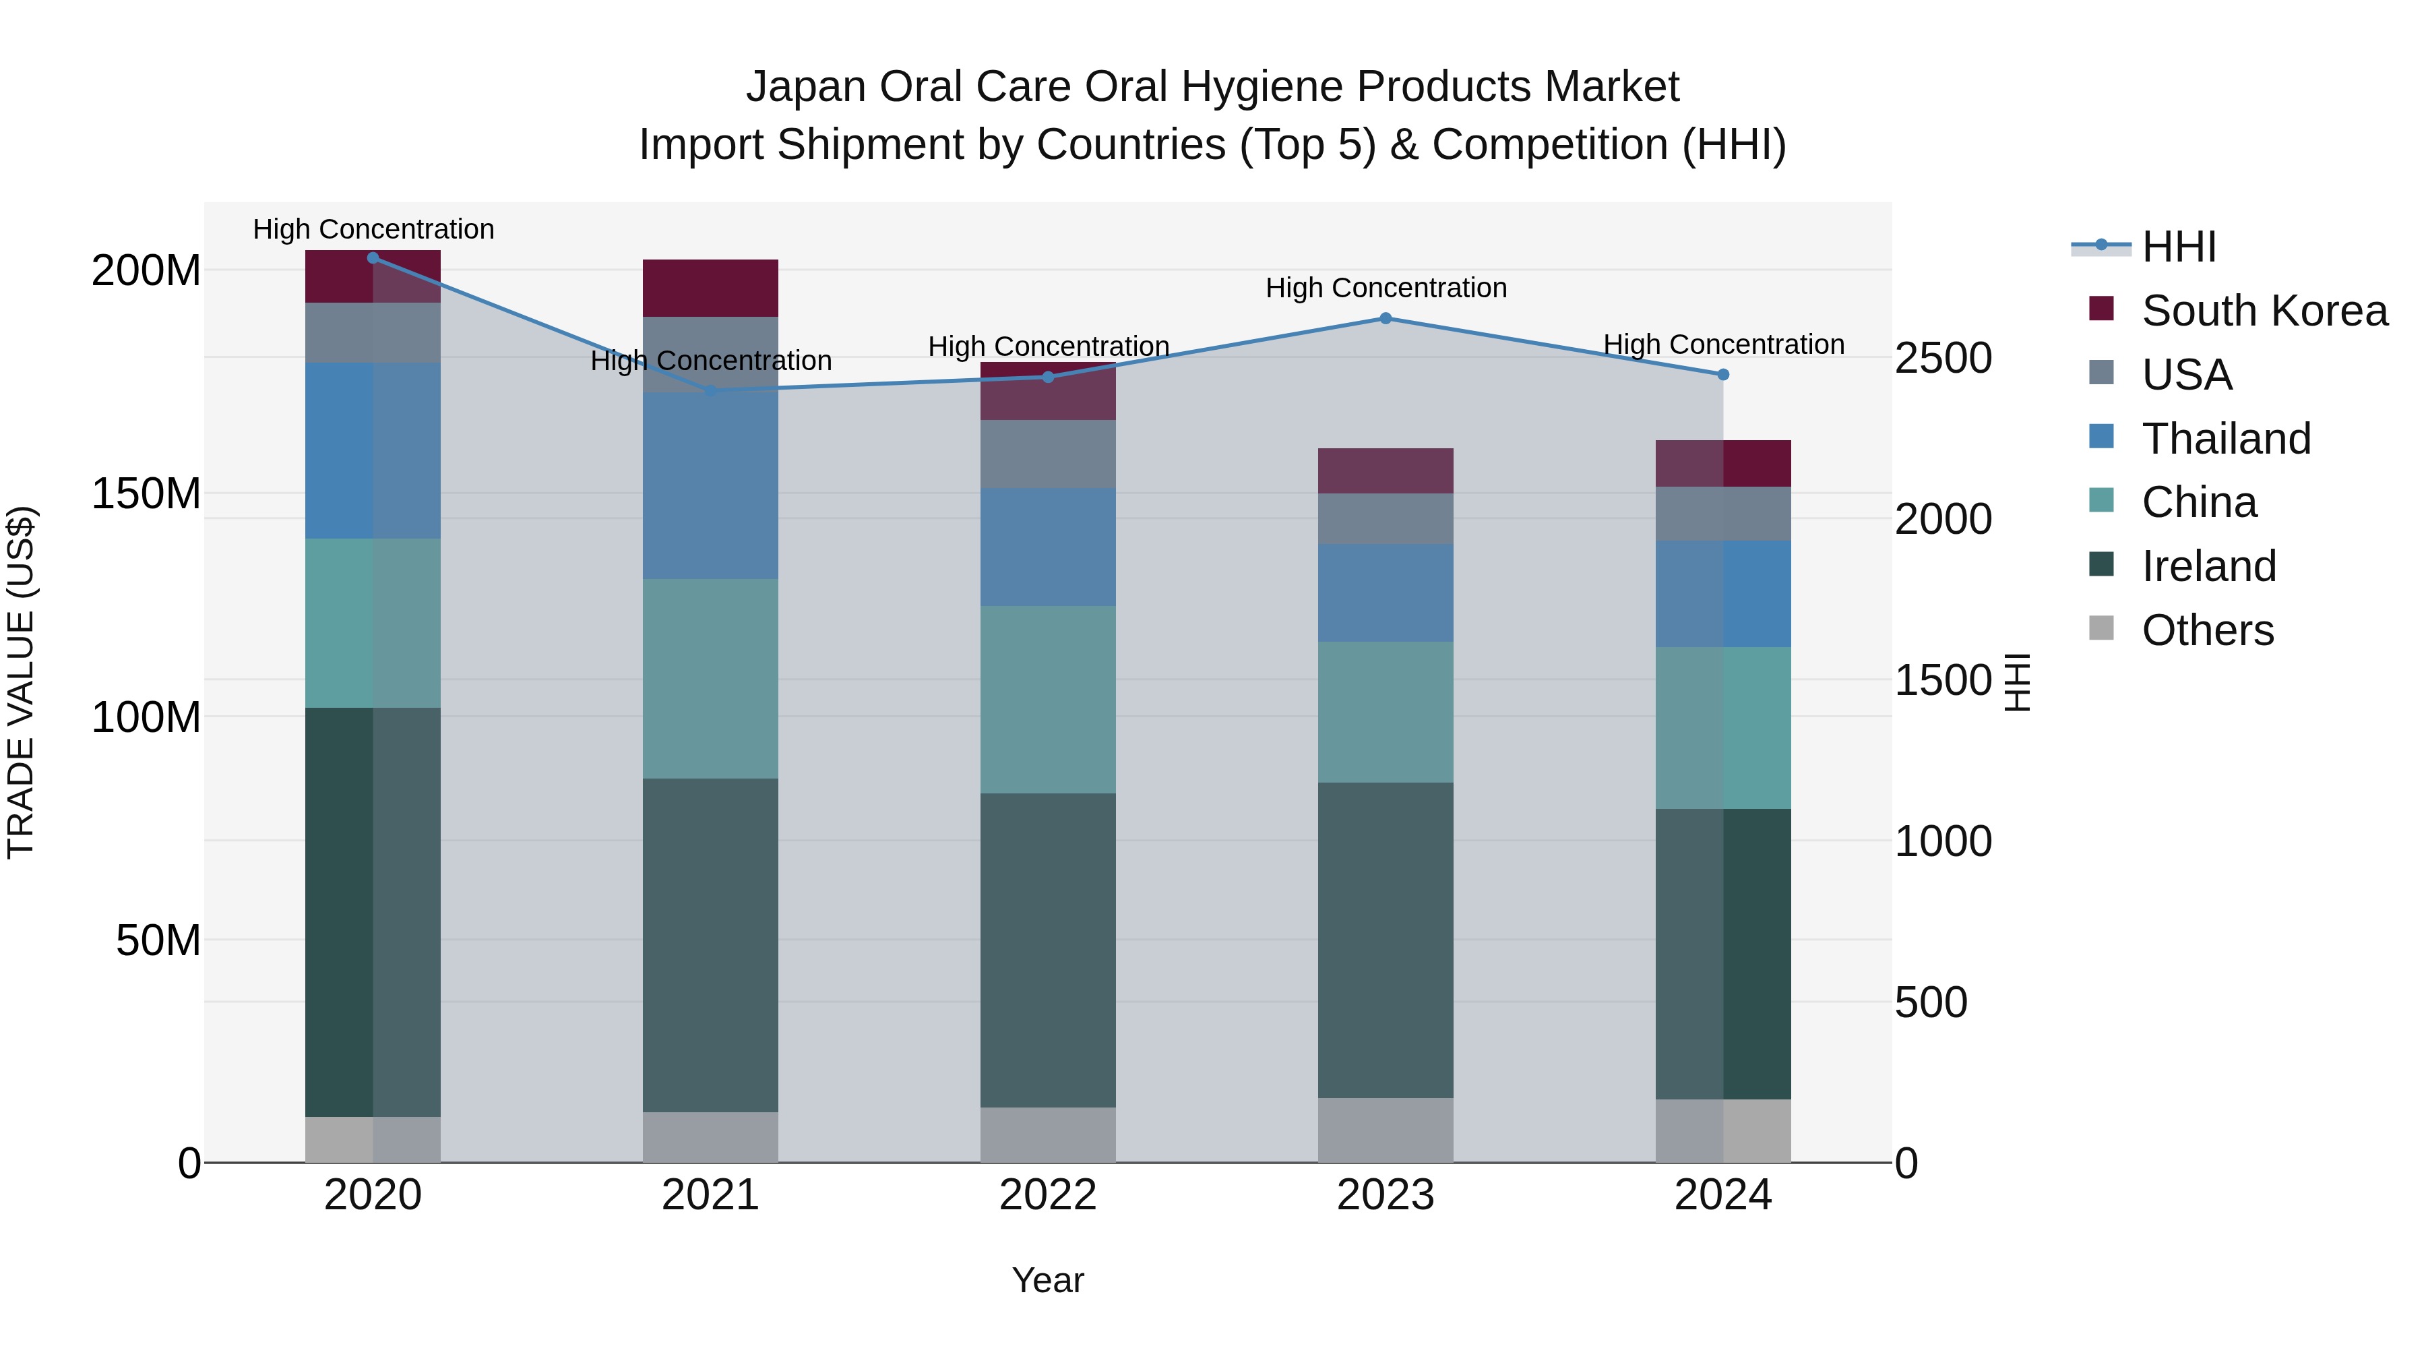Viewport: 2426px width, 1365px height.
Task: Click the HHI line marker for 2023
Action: pos(1386,318)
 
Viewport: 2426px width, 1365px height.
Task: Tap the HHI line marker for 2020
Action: pos(373,257)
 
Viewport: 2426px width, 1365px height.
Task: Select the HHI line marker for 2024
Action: pos(1722,375)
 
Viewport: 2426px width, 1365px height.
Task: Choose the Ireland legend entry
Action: pos(2208,566)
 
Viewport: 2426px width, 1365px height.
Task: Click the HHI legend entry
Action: pos(2178,247)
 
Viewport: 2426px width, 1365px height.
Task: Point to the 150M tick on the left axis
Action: pos(146,493)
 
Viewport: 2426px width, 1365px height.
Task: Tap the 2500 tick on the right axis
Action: pos(1942,358)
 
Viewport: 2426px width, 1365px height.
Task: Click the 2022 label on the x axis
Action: pos(1047,1195)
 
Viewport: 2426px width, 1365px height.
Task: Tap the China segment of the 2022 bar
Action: pos(1047,699)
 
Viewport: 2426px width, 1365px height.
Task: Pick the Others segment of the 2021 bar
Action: pos(710,1137)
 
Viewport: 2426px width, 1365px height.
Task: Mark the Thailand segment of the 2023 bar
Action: pos(1386,593)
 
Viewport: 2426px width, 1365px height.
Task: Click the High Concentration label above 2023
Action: pos(1386,289)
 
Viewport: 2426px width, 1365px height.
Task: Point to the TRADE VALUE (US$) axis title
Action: pos(21,682)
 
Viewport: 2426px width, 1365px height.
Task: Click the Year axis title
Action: pos(1047,1281)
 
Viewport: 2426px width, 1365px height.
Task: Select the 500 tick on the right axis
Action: pos(1930,1002)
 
